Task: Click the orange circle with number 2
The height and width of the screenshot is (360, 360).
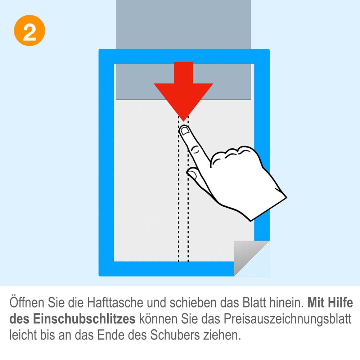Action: [30, 31]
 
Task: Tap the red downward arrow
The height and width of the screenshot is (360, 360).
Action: [184, 90]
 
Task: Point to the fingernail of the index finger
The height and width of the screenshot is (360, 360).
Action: [185, 131]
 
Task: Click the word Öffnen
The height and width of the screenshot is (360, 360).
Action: [27, 303]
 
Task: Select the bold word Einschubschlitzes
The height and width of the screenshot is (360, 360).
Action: [84, 319]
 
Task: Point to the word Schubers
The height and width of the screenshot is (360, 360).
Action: [175, 335]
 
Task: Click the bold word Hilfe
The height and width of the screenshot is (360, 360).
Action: [340, 303]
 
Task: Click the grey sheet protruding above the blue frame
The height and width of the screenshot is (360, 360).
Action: [184, 24]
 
